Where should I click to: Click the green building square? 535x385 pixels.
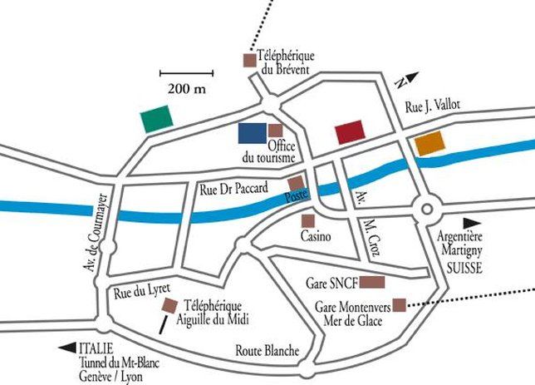(x=155, y=119)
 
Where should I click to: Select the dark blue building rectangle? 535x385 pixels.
(x=251, y=132)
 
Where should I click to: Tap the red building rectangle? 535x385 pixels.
(x=350, y=132)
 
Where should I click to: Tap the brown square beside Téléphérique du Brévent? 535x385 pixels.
(x=248, y=60)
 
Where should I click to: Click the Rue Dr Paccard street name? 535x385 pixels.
(x=233, y=190)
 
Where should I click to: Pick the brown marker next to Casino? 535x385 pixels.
(x=307, y=221)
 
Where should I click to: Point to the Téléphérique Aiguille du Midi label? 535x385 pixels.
(x=215, y=312)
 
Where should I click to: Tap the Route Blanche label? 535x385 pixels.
(x=267, y=350)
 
